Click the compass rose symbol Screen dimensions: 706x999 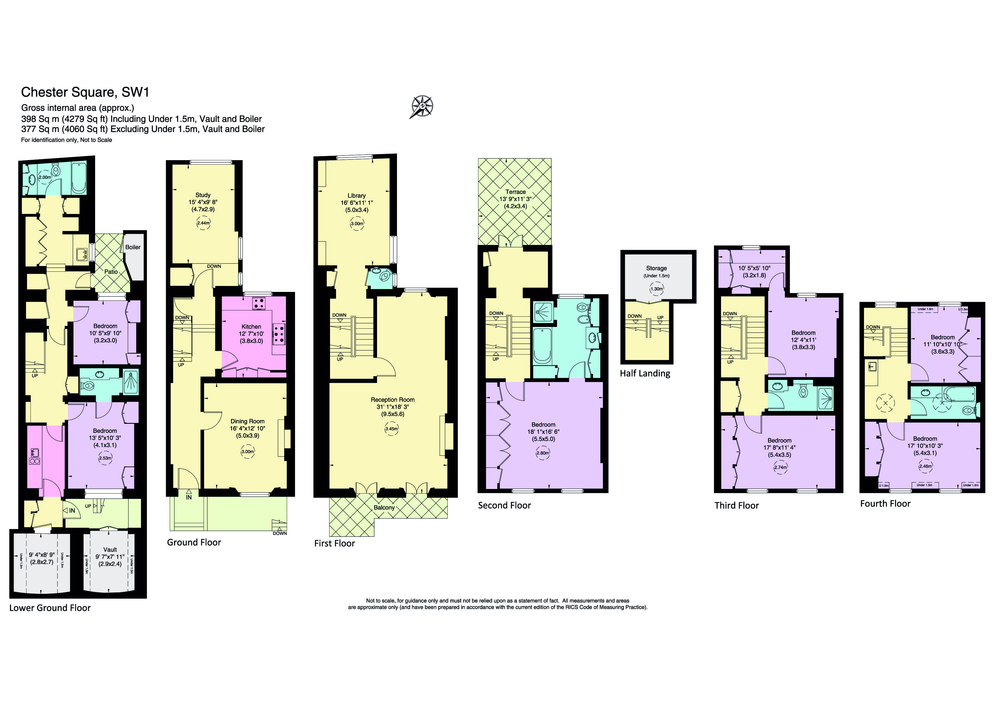(x=422, y=107)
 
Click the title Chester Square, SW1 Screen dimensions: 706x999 (x=85, y=92)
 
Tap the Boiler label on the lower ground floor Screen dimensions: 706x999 (x=133, y=247)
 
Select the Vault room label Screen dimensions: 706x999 (x=110, y=549)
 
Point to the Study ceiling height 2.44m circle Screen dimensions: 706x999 (x=203, y=223)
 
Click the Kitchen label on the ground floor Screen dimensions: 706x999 (x=251, y=327)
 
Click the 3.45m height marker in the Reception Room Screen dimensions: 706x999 (x=392, y=429)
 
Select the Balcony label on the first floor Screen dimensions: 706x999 (x=384, y=507)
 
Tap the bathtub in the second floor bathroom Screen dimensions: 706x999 (x=542, y=346)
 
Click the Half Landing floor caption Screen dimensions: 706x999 (x=645, y=373)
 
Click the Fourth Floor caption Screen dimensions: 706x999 (x=885, y=504)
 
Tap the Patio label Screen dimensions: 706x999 (x=111, y=271)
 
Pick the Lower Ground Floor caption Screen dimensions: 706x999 (x=50, y=608)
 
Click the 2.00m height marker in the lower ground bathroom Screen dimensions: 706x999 (x=45, y=177)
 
